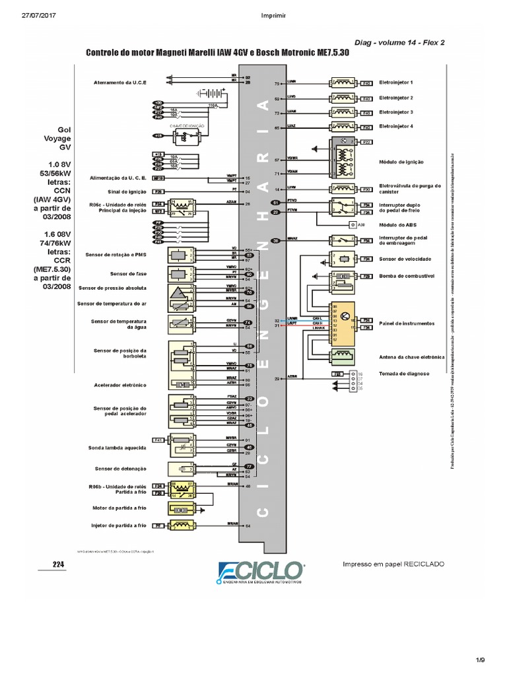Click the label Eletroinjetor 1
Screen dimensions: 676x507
[x=396, y=83]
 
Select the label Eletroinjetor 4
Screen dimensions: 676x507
[x=396, y=127]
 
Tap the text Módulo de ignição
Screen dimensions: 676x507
[x=401, y=162]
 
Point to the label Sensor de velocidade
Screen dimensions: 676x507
[x=401, y=258]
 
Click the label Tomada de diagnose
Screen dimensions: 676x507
[x=404, y=374]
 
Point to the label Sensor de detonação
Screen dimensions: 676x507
[x=120, y=469]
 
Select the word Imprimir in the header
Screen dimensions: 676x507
[x=254, y=16]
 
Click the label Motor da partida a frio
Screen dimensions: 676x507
[x=119, y=508]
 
